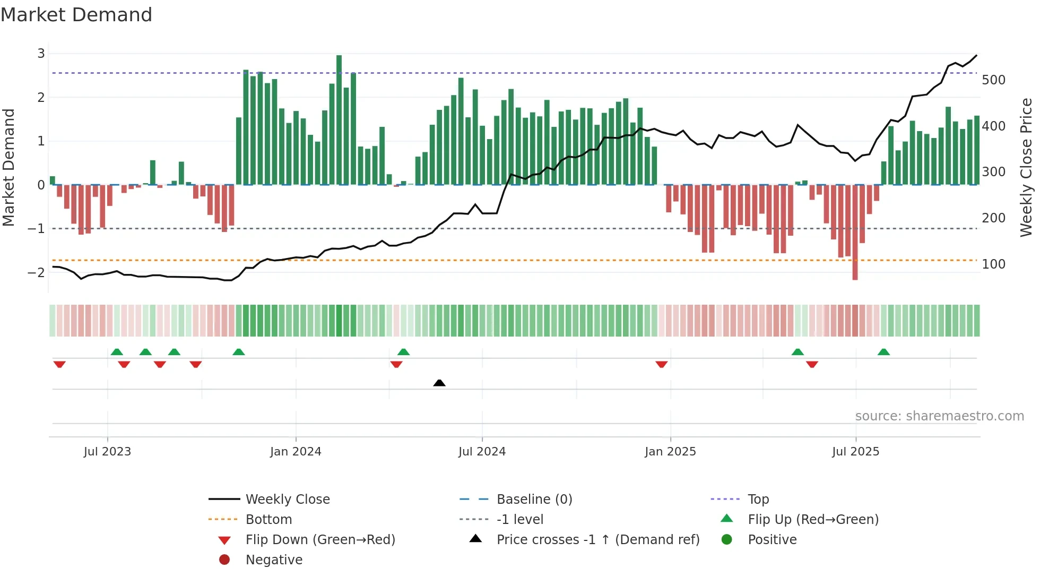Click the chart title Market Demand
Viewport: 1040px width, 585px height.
point(76,15)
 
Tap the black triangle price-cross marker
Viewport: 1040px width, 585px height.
point(439,383)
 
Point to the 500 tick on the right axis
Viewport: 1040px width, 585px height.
point(993,80)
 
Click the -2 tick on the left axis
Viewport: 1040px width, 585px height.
point(37,272)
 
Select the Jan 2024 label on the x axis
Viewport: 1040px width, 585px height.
point(296,452)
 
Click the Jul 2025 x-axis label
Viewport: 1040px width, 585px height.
point(855,452)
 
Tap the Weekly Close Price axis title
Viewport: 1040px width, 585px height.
point(1026,167)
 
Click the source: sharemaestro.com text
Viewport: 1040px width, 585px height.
point(939,416)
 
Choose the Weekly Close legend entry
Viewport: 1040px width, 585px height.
point(287,500)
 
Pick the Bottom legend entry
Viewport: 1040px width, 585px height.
point(268,520)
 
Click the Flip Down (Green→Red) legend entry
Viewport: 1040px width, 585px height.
point(320,540)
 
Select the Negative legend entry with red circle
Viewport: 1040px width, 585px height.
point(274,560)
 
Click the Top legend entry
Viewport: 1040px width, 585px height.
point(758,500)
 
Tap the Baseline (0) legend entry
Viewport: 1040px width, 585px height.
point(534,500)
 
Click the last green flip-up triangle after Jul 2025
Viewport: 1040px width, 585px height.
point(883,352)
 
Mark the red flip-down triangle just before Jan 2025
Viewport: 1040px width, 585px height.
point(661,364)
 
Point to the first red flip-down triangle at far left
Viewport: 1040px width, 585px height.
point(59,364)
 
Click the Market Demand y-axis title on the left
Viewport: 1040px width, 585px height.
point(9,167)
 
